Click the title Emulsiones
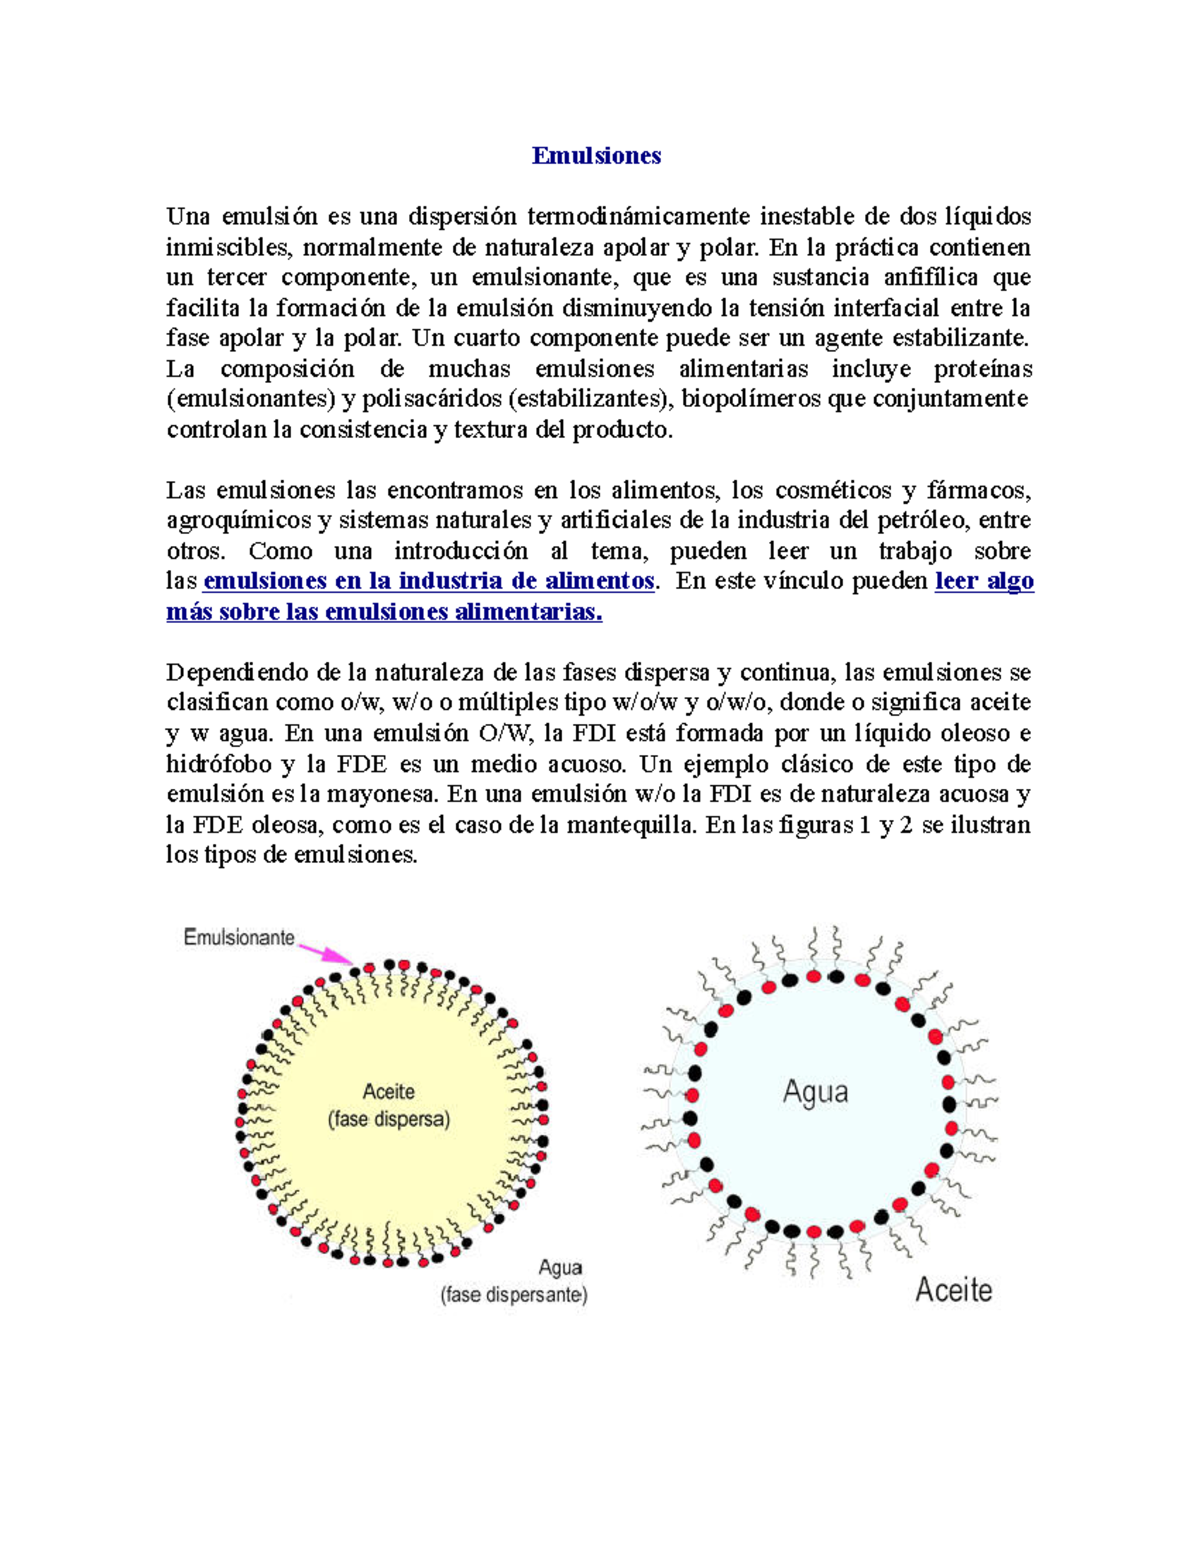click(596, 155)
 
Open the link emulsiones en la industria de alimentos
click(428, 581)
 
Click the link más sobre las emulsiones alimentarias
click(384, 612)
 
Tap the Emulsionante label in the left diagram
click(239, 937)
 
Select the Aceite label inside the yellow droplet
click(388, 1092)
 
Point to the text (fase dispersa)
click(389, 1119)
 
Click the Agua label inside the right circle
click(815, 1092)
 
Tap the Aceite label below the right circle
click(953, 1290)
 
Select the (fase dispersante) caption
click(514, 1295)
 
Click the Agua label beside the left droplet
click(560, 1268)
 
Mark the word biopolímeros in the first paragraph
click(745, 399)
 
